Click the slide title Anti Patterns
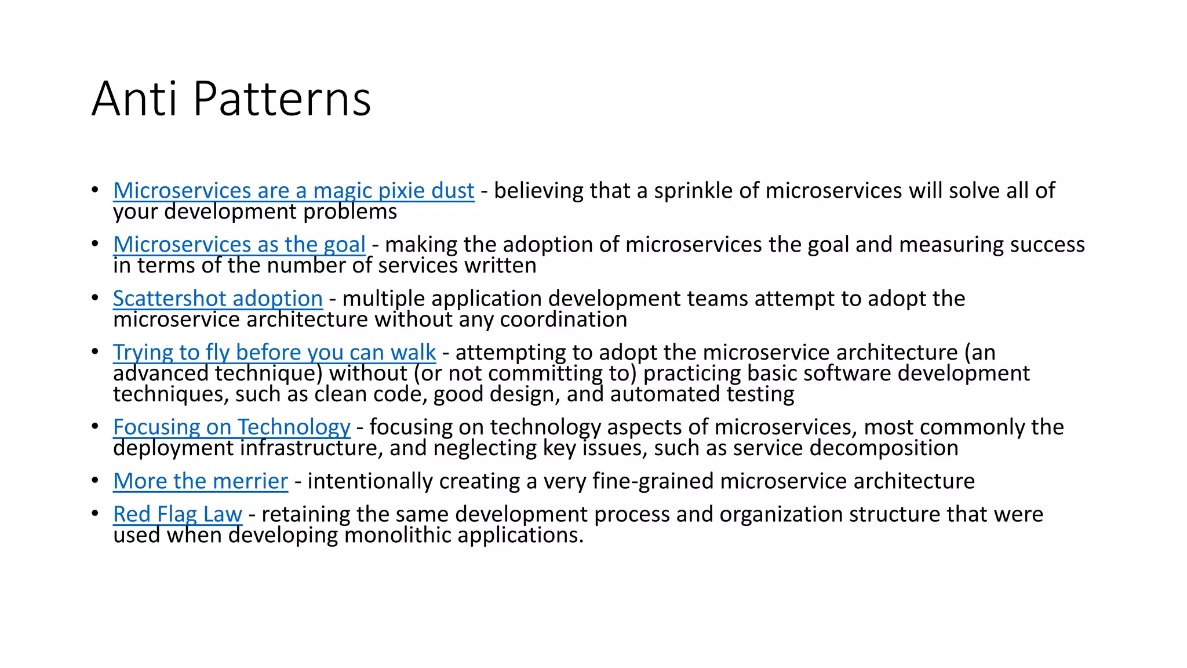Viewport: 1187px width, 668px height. click(231, 99)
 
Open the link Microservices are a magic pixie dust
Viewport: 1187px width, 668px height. click(293, 191)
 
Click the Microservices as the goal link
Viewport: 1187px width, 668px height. click(239, 245)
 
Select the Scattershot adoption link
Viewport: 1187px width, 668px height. click(217, 299)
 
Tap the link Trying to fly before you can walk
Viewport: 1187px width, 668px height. click(274, 353)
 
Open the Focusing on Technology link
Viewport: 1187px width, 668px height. click(231, 427)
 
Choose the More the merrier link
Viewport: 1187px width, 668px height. click(200, 481)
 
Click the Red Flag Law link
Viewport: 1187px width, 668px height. click(177, 514)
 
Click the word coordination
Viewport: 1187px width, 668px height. click(563, 320)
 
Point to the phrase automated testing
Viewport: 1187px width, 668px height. click(702, 394)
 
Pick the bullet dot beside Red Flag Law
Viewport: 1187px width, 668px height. click(94, 514)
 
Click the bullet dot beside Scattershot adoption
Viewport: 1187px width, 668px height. click(94, 298)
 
